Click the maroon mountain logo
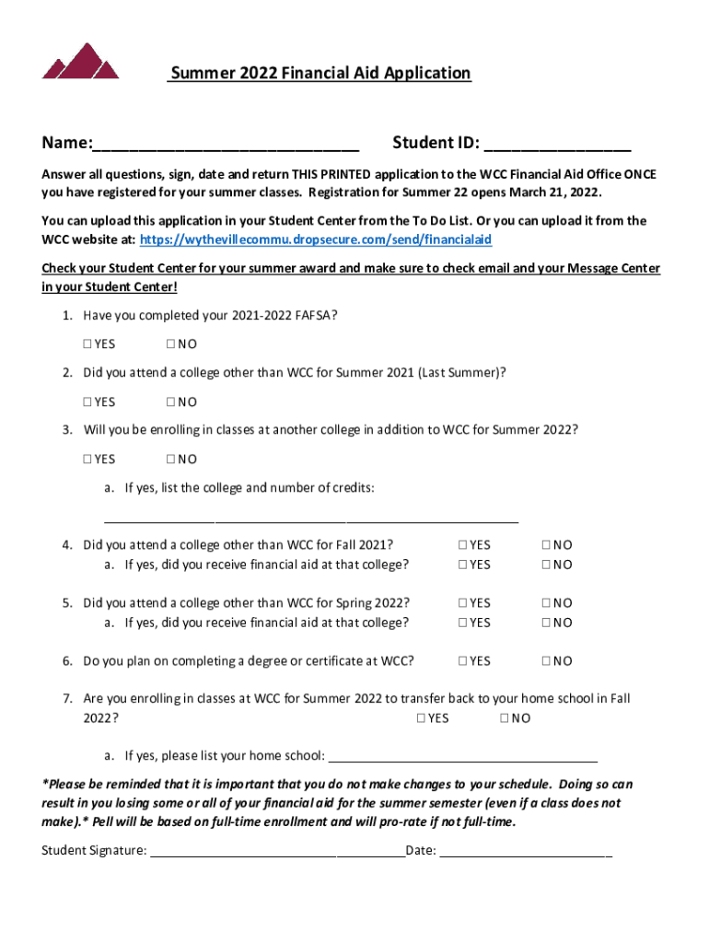coord(81,61)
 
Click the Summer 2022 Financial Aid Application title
coord(320,74)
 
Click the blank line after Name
coord(226,145)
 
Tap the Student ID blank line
coord(557,145)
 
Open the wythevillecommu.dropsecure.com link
coord(315,239)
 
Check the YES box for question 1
coord(87,344)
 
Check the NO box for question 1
coord(171,344)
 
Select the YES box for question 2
coord(87,402)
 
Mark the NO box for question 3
coord(171,459)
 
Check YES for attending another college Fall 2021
coord(462,545)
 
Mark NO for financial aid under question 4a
coord(547,565)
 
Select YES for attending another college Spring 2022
coord(462,603)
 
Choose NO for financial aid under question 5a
coord(547,623)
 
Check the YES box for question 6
coord(462,661)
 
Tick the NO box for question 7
coord(505,718)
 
